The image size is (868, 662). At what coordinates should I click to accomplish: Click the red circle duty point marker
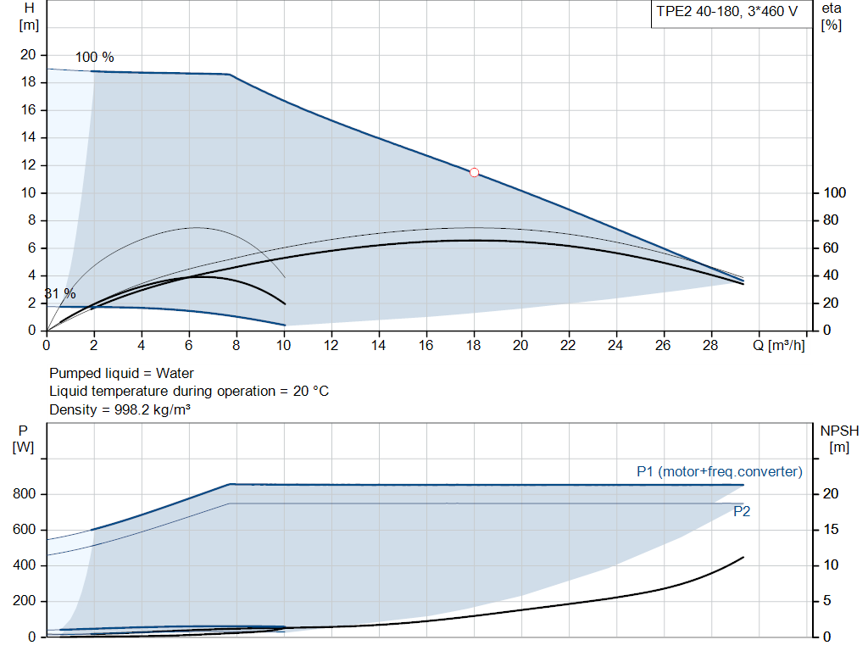pos(474,172)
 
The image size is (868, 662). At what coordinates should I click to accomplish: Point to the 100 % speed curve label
pos(94,58)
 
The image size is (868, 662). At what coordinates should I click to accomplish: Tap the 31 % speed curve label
pos(59,294)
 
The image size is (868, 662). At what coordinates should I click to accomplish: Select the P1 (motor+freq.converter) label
pos(719,471)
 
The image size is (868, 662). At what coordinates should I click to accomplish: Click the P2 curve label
pos(741,511)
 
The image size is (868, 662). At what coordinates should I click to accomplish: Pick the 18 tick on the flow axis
pos(473,346)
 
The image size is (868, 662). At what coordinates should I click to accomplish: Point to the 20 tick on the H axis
pos(28,55)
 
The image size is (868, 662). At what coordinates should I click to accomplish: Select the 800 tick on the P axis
pos(24,494)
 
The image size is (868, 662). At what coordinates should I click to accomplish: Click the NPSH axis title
pos(838,438)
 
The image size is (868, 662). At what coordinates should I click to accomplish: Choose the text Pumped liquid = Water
pos(121,373)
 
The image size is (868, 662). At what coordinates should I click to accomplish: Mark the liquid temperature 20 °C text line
pos(188,391)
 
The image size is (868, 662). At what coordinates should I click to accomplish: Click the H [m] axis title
pos(29,16)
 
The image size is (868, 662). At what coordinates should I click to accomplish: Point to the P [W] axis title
pos(23,438)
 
